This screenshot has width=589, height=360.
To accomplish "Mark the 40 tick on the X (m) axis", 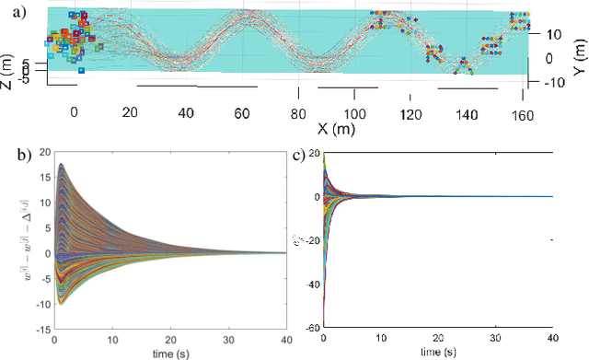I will [x=185, y=112].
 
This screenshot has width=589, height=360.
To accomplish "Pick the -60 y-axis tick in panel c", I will [x=310, y=326].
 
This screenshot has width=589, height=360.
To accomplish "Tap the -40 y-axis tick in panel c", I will [x=310, y=284].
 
